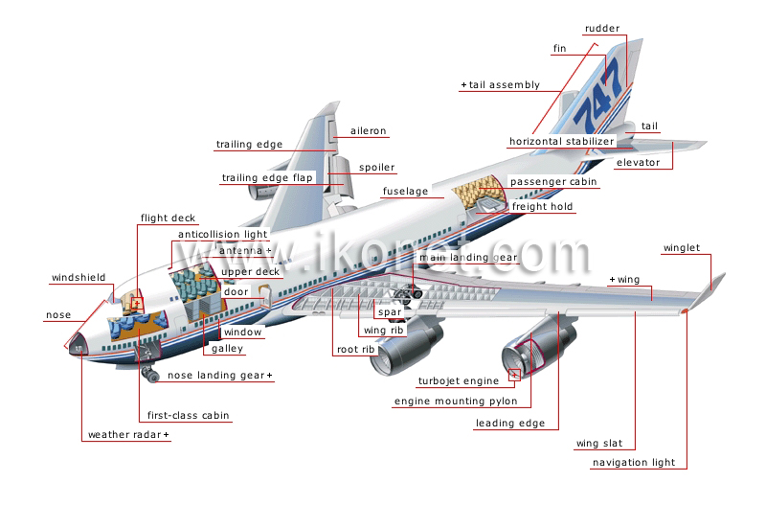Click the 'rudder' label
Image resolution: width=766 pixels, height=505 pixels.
click(602, 29)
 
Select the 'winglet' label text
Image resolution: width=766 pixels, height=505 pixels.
click(682, 248)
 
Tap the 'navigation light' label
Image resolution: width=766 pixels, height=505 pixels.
click(634, 463)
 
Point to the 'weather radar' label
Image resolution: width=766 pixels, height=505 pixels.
click(124, 435)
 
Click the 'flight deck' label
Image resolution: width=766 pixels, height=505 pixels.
click(168, 218)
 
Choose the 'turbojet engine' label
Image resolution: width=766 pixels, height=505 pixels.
click(459, 381)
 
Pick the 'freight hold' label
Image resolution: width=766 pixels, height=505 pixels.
click(542, 207)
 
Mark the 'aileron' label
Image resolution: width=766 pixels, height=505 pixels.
click(368, 131)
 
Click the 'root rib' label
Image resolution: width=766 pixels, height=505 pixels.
click(355, 350)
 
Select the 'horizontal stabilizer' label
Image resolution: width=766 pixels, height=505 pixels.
click(561, 141)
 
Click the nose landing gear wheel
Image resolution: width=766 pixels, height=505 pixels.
click(151, 375)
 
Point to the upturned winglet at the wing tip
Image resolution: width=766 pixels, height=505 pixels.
click(712, 289)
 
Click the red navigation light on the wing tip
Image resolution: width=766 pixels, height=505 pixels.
click(685, 310)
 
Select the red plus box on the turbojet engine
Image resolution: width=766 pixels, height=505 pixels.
click(514, 375)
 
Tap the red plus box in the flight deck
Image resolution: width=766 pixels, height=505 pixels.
click(137, 303)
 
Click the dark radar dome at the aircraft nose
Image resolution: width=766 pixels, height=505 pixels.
click(78, 344)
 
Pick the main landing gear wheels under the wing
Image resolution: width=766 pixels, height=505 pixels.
click(408, 295)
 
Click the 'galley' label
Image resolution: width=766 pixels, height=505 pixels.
click(227, 349)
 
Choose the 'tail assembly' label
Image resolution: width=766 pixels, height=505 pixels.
click(505, 85)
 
